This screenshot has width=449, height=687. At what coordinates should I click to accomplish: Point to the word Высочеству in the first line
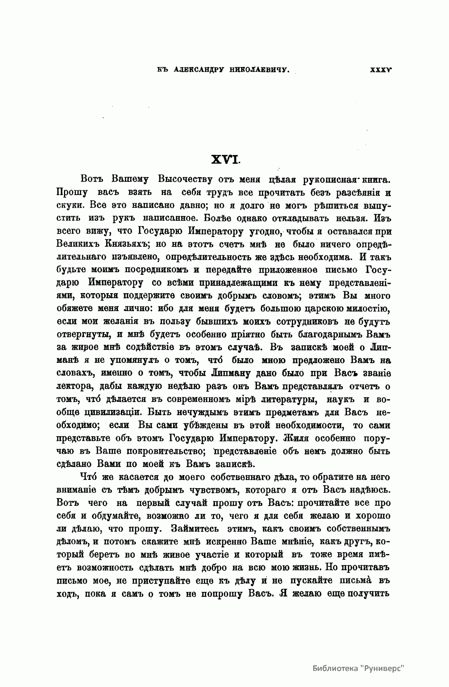coord(186,179)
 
